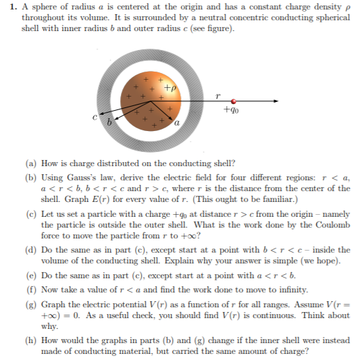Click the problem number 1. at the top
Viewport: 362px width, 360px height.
(9, 7)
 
